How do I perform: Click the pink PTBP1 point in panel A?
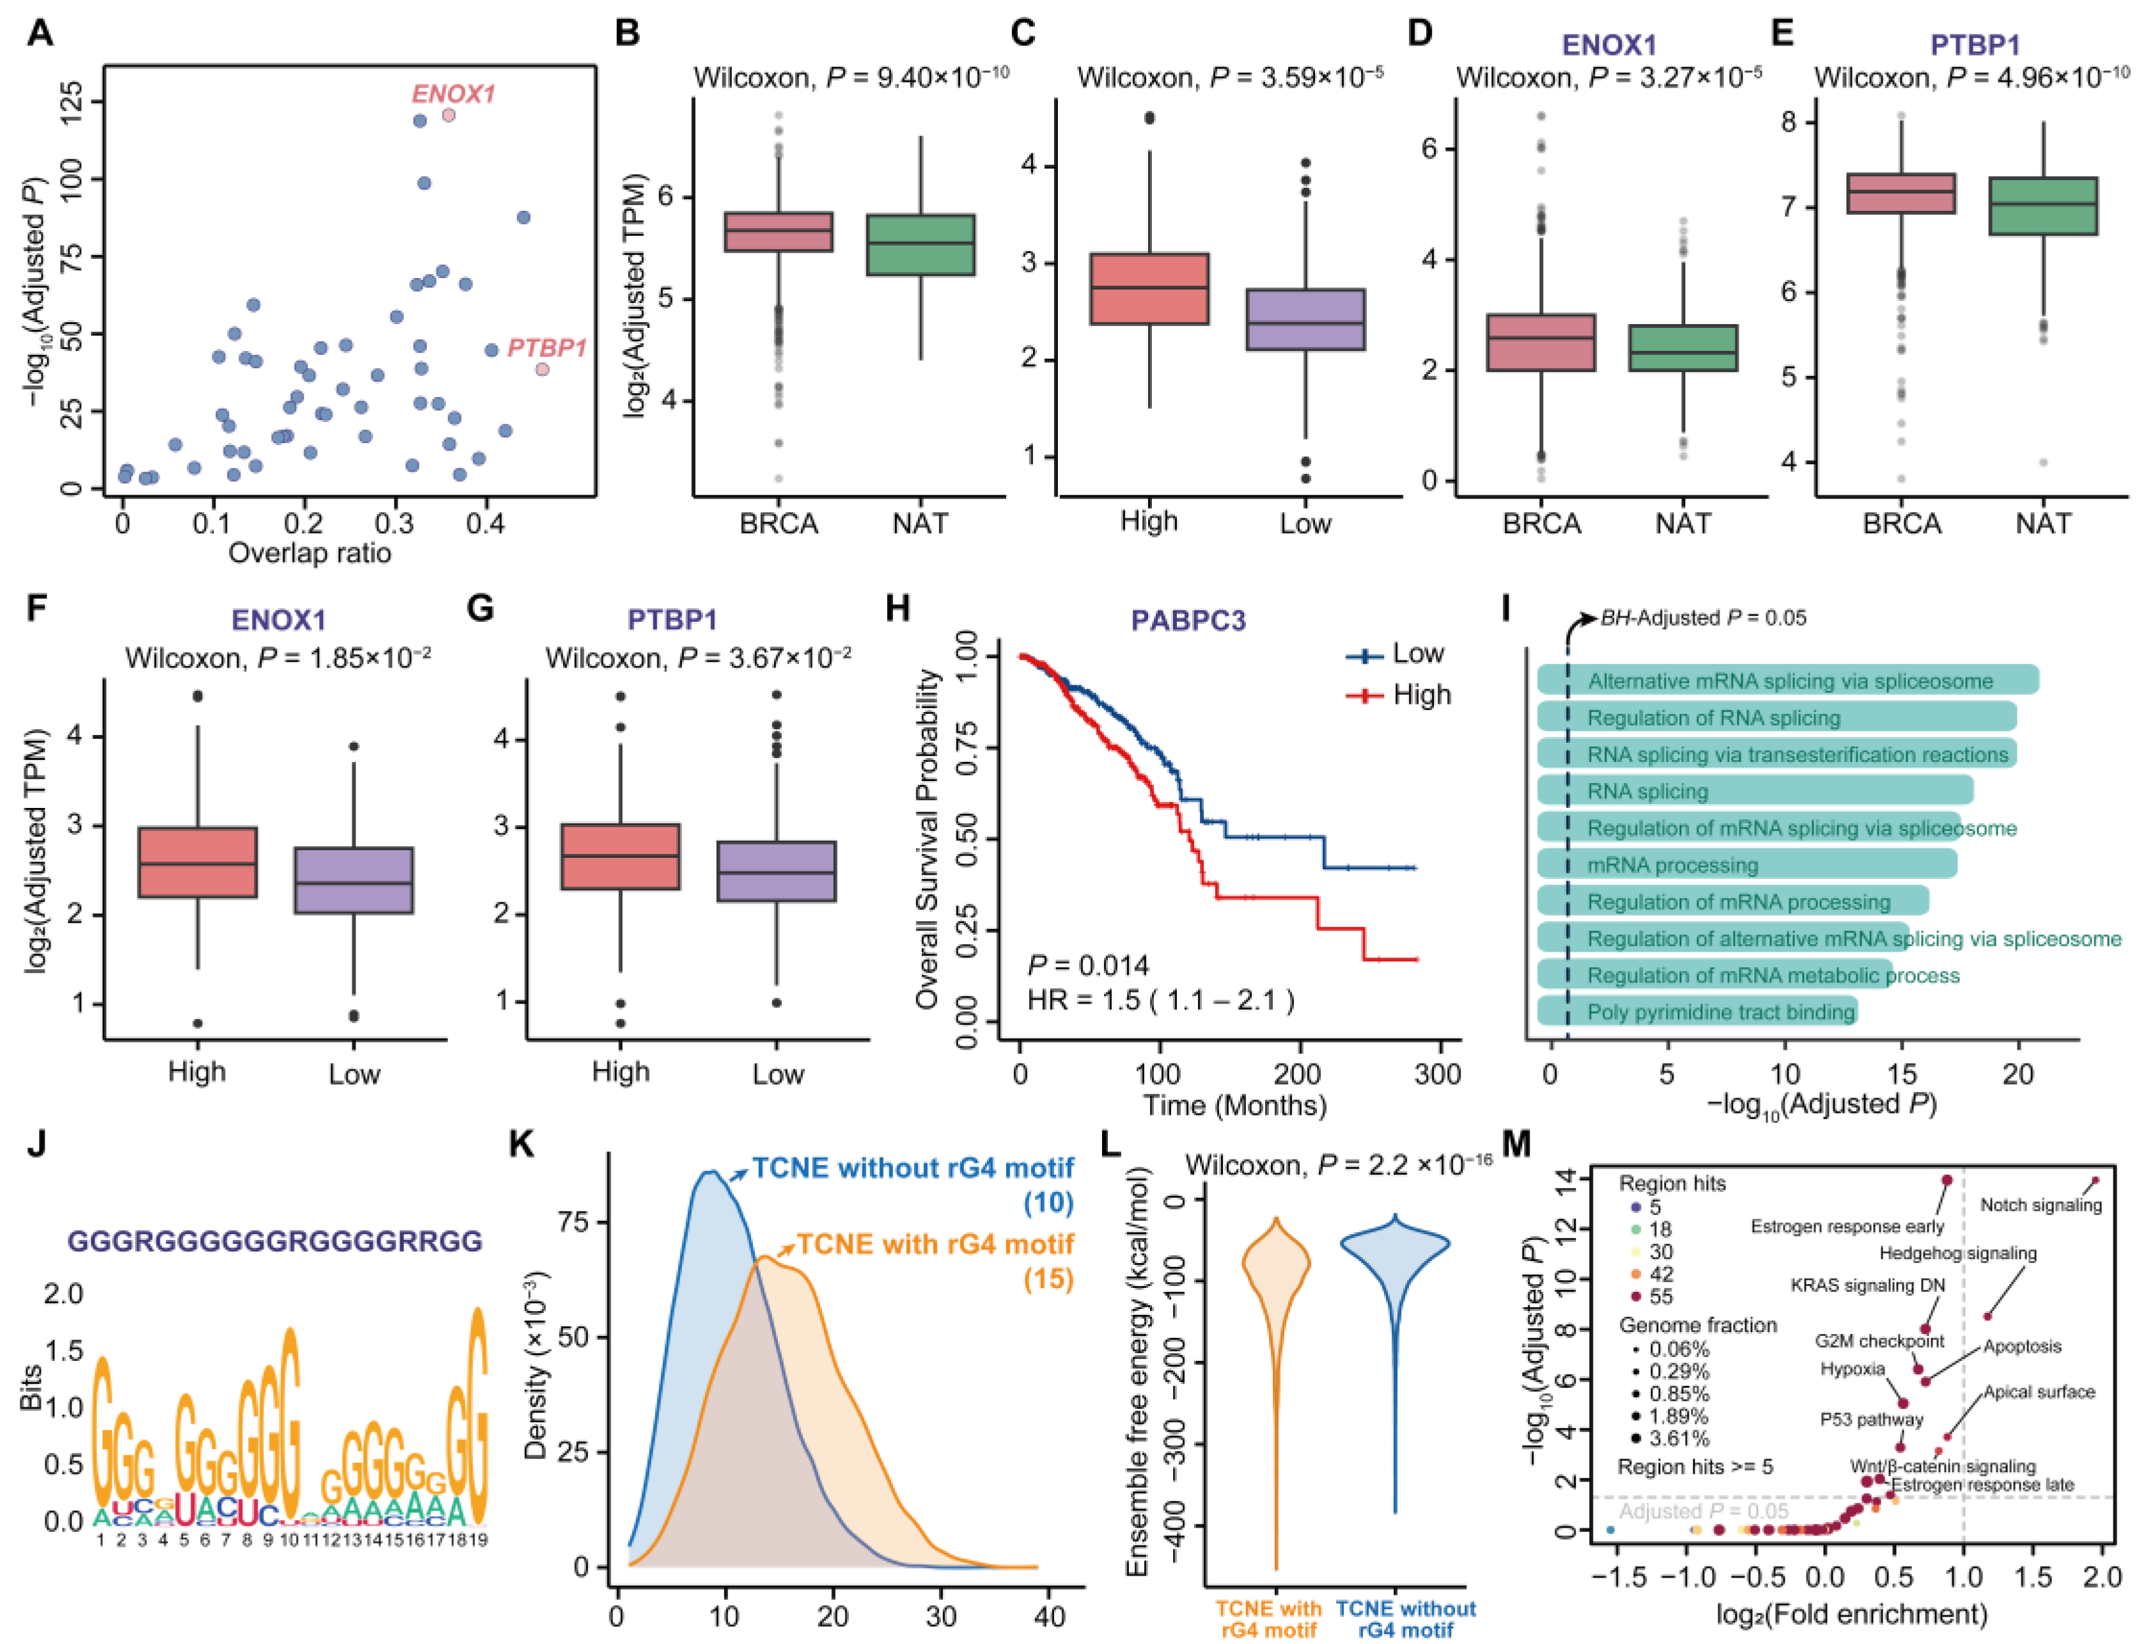point(542,369)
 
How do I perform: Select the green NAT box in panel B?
point(920,245)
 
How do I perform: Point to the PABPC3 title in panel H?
point(1188,621)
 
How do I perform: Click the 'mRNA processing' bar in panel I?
point(1746,865)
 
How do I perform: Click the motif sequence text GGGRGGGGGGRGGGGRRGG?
point(275,1241)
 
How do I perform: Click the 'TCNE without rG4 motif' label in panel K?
point(912,1168)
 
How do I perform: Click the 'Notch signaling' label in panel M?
point(2041,1206)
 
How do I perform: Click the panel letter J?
point(37,1145)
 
